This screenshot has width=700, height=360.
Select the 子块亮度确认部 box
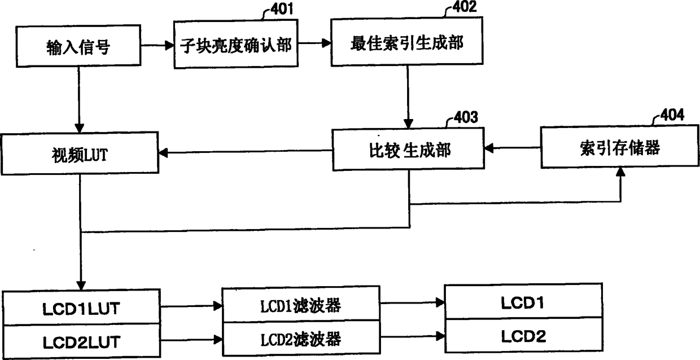[x=235, y=45]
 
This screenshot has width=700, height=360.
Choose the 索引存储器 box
[x=619, y=148]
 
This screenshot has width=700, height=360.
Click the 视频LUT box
[x=79, y=154]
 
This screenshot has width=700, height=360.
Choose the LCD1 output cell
[x=523, y=303]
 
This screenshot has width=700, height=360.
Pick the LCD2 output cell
[x=523, y=337]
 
